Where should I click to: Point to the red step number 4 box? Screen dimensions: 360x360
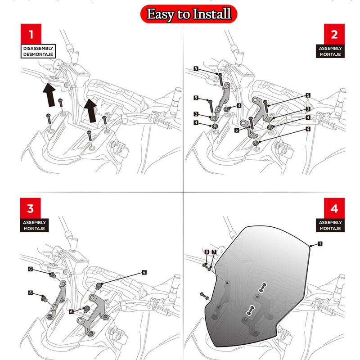coord(333,208)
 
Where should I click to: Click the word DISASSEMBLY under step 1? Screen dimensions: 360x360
coord(38,48)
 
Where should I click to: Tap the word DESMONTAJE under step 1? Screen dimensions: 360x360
coord(38,54)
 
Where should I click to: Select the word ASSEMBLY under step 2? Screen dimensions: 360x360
coord(331,48)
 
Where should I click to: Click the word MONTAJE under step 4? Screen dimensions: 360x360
coord(331,229)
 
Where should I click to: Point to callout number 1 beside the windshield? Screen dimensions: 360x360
coord(319,244)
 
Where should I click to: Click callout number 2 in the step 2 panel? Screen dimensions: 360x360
coord(196,114)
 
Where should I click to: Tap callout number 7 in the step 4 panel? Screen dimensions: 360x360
coord(214,252)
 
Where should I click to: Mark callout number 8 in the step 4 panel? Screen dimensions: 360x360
coord(207,252)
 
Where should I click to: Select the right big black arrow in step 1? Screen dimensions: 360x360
coord(91,109)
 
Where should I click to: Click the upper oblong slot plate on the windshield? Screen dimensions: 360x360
coord(263,286)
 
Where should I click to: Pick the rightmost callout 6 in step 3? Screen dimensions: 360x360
coord(144,272)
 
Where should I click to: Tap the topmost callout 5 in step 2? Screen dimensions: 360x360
coord(196,68)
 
